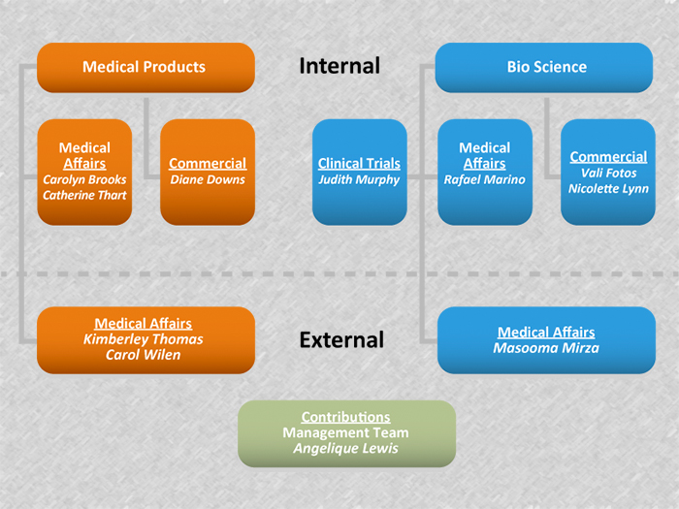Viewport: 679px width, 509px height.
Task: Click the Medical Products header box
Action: [x=145, y=67]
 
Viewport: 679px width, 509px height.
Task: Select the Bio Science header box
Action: [x=546, y=67]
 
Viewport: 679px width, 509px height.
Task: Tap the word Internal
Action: [x=339, y=66]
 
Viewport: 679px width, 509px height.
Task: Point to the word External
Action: [x=341, y=340]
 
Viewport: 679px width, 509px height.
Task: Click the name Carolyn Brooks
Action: [x=84, y=179]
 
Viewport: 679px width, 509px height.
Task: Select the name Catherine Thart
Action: [x=84, y=195]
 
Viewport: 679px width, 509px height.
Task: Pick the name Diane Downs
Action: [x=208, y=179]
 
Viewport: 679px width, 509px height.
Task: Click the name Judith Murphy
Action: [x=359, y=179]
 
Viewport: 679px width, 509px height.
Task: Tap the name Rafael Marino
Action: [x=484, y=179]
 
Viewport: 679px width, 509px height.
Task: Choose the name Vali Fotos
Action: [x=608, y=173]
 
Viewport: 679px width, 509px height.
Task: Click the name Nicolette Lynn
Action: [x=608, y=188]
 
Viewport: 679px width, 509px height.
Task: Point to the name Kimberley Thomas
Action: [x=143, y=339]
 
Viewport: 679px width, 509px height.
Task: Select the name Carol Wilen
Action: [x=143, y=355]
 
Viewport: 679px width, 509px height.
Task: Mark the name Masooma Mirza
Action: [x=545, y=348]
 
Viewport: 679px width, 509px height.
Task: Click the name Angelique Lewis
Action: [x=346, y=448]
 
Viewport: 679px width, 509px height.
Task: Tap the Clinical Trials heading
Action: [x=359, y=164]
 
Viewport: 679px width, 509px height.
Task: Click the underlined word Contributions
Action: [x=346, y=417]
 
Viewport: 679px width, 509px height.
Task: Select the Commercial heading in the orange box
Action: [x=208, y=164]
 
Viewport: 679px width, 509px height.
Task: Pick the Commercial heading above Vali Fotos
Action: [x=608, y=157]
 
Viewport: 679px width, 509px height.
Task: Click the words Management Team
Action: [x=346, y=432]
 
